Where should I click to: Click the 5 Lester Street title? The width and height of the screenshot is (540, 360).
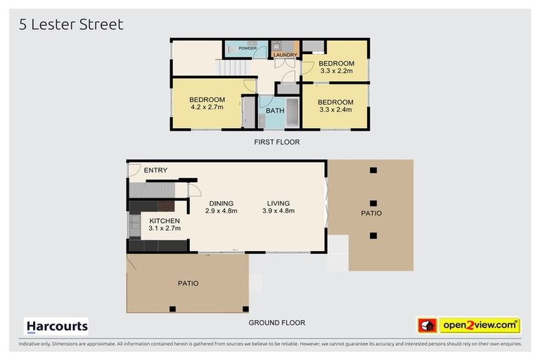coord(71,25)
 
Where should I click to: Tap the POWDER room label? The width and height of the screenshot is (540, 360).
coord(247,49)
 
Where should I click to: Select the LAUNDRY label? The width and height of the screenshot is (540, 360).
coord(285,55)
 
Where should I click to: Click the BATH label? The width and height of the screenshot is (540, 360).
coord(275,110)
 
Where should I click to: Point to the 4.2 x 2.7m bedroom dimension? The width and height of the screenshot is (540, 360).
coord(207,107)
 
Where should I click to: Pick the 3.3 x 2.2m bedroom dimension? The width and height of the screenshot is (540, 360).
coord(337,71)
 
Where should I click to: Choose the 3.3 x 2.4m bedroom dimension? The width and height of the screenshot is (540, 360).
coord(336,110)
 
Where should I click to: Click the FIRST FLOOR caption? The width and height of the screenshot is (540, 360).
coord(277,142)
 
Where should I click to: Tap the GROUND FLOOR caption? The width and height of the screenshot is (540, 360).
coord(277,323)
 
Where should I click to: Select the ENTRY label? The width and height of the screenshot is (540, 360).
coord(155,170)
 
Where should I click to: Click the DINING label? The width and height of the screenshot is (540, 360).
coord(221,204)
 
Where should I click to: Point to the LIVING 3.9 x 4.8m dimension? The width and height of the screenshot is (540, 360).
coord(278,211)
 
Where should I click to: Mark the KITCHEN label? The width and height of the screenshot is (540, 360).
coord(165,221)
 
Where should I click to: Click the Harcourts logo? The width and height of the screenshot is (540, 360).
coord(56,326)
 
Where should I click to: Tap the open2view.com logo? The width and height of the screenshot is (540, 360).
coord(480,326)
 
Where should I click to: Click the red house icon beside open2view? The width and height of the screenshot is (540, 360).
coord(427,326)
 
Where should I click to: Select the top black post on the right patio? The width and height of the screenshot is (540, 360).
coord(373,170)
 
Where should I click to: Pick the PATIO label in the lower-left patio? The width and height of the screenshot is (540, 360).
coord(188,283)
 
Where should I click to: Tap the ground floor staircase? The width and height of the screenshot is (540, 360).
coord(152,191)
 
